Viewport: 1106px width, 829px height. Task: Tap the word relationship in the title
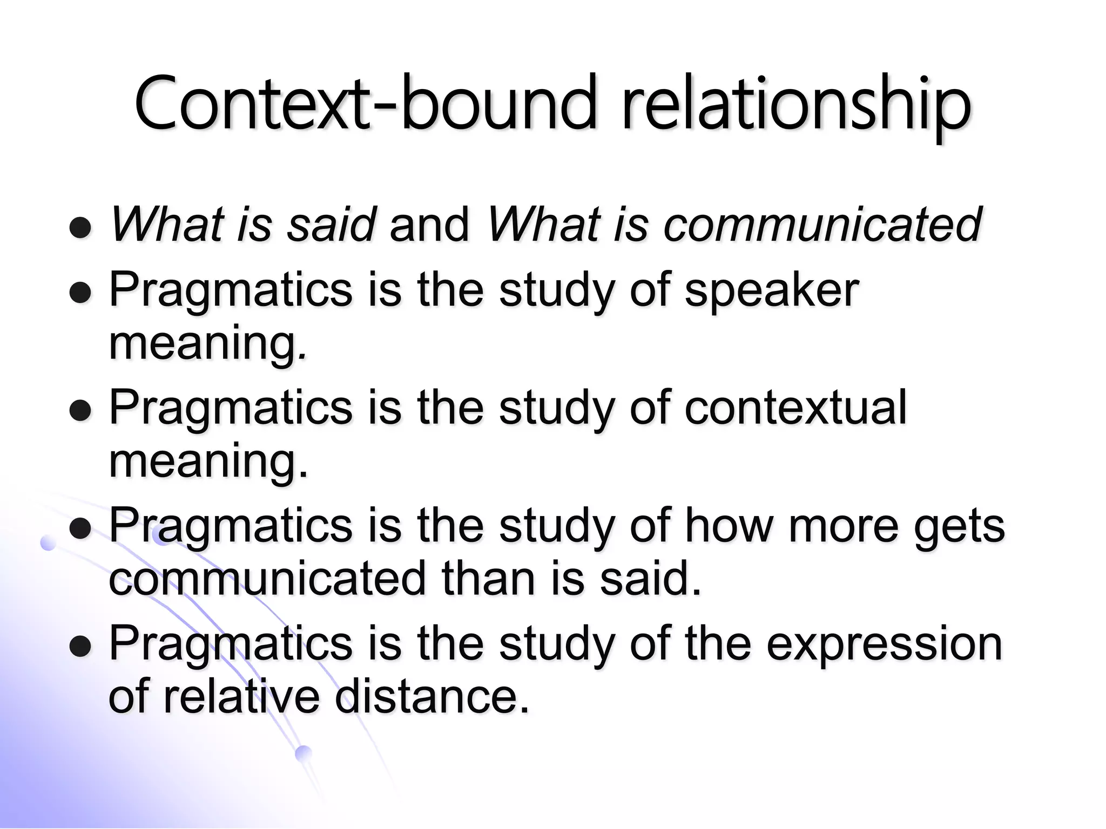point(796,104)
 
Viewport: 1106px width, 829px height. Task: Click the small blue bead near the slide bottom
point(304,753)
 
